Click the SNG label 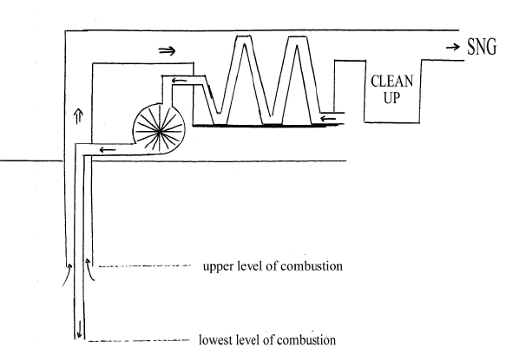coord(482,47)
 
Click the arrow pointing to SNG coord(453,48)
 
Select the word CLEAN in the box coord(391,81)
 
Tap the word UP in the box coord(391,97)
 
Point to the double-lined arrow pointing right coord(168,50)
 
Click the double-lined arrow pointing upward coord(78,116)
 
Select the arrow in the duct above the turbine coord(179,80)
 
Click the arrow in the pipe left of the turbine coord(108,150)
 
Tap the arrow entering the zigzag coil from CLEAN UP coord(328,119)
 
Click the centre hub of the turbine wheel coord(160,131)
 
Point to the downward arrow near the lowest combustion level coord(79,329)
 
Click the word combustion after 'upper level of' coord(312,266)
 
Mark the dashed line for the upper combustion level coord(145,265)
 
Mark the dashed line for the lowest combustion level coord(139,340)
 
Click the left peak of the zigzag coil coord(244,36)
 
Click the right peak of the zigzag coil coord(296,36)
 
